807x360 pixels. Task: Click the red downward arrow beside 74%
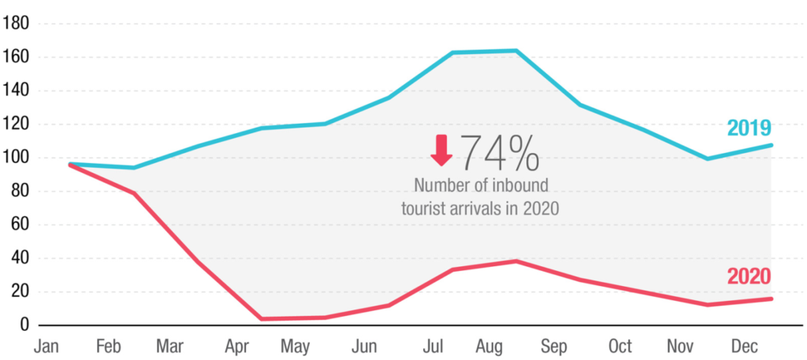pyautogui.click(x=441, y=150)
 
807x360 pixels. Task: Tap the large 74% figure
pyautogui.click(x=500, y=153)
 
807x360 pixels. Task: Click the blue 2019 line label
pyautogui.click(x=749, y=128)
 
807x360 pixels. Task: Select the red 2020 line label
pyautogui.click(x=749, y=276)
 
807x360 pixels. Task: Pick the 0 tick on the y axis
pyautogui.click(x=24, y=325)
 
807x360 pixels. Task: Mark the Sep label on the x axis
pyautogui.click(x=555, y=347)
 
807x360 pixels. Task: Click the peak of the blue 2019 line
pyautogui.click(x=515, y=51)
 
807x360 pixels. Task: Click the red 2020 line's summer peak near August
pyautogui.click(x=515, y=261)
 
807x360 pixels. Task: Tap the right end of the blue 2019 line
pyautogui.click(x=772, y=145)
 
